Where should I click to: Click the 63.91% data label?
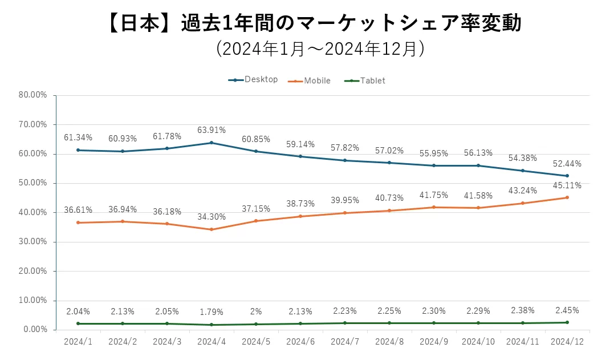(x=212, y=130)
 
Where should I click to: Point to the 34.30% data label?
(x=212, y=217)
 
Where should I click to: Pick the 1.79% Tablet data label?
(x=212, y=312)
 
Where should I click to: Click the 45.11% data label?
(x=567, y=185)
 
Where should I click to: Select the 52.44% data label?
(x=567, y=163)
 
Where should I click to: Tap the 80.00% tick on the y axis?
(x=33, y=95)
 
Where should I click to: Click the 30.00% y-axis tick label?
(x=33, y=242)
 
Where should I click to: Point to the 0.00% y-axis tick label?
(x=35, y=330)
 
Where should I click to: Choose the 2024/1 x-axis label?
(x=78, y=341)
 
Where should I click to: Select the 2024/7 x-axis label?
(x=344, y=341)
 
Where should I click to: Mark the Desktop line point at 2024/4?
(x=212, y=143)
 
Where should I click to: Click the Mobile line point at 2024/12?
(x=567, y=197)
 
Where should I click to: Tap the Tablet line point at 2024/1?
(x=78, y=323)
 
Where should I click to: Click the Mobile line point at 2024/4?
(x=212, y=229)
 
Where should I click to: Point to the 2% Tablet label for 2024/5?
(x=256, y=312)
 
